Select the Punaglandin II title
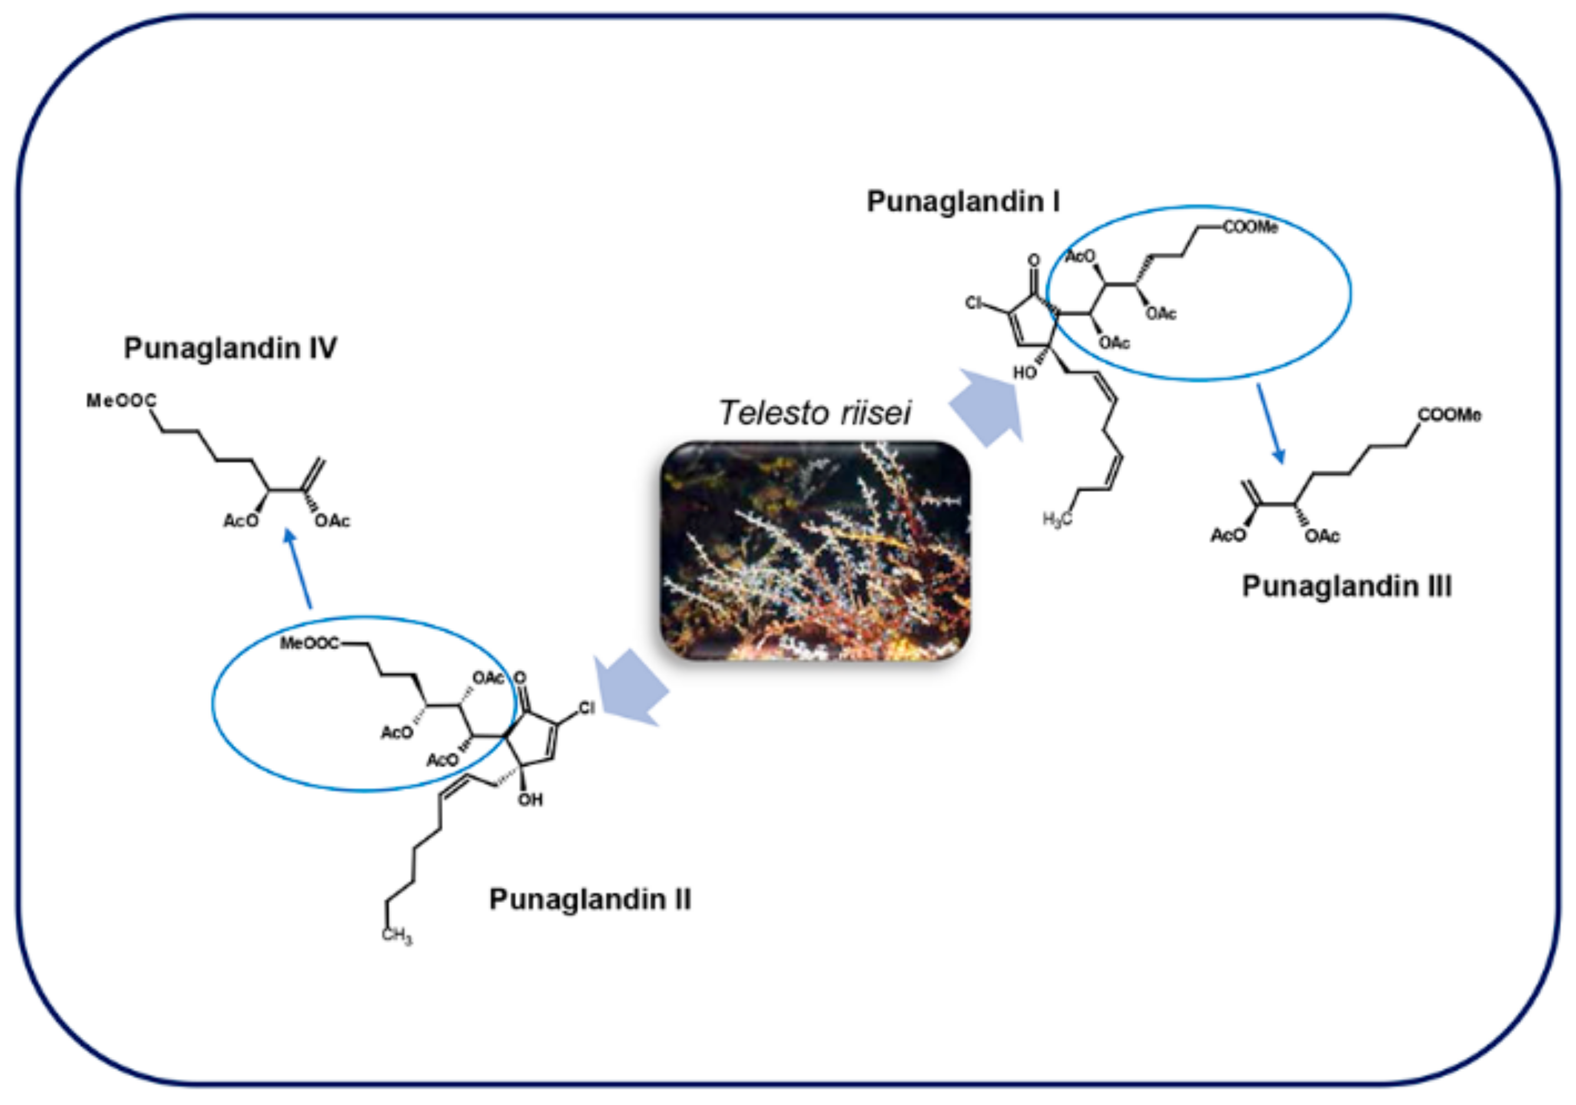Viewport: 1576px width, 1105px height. (x=590, y=899)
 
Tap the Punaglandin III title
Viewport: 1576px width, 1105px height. (x=1347, y=587)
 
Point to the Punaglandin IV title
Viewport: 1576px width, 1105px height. (x=230, y=348)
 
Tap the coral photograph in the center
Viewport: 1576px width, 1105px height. (x=815, y=551)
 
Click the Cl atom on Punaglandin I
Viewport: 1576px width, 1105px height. (x=974, y=303)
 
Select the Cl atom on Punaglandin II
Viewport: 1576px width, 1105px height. (x=586, y=707)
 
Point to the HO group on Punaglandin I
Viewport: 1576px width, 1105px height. (x=1025, y=373)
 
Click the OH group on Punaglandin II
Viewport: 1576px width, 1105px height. (x=531, y=799)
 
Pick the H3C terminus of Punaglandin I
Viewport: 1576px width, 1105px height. (x=1057, y=520)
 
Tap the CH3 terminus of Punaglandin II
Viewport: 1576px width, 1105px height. (x=397, y=935)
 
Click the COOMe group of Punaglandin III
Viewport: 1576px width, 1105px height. (x=1449, y=415)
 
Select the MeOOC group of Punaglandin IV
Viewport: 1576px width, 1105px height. (x=121, y=401)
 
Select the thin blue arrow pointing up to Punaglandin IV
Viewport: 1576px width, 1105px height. (x=299, y=568)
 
